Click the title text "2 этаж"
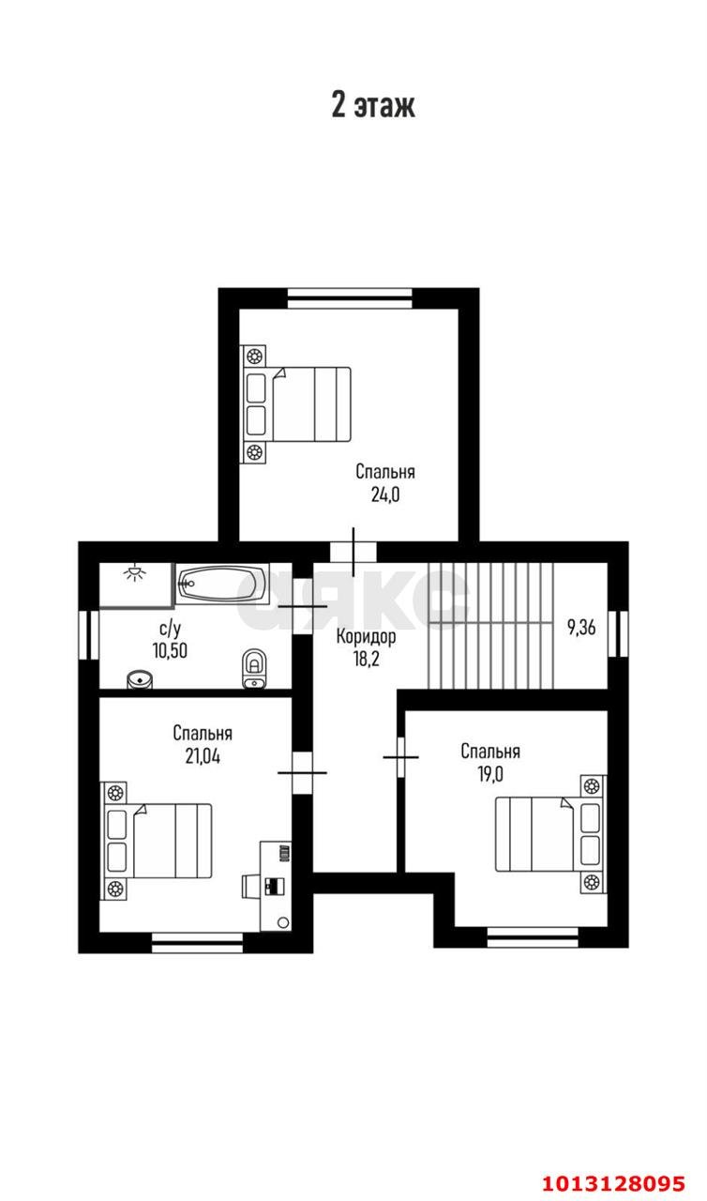[x=373, y=104]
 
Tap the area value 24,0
[x=385, y=494]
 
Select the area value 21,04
[x=203, y=756]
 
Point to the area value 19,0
[x=490, y=774]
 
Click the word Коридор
[x=366, y=637]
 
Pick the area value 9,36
[x=581, y=628]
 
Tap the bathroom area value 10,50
[x=170, y=650]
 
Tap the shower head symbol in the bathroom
[x=135, y=572]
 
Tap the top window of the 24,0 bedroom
[x=350, y=298]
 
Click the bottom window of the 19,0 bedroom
[x=533, y=937]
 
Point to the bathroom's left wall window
[x=88, y=635]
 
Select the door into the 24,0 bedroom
[x=353, y=553]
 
